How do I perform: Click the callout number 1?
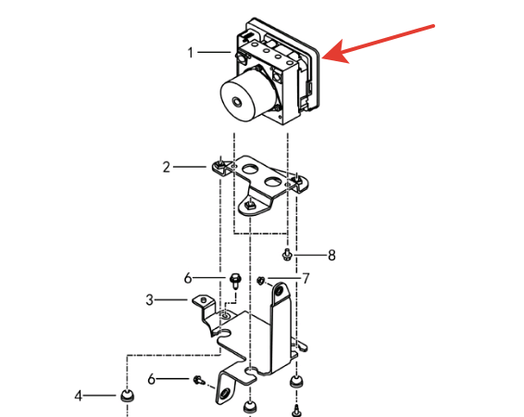[191, 53]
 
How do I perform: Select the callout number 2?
[167, 167]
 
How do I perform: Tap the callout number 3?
[149, 300]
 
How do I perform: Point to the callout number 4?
[78, 396]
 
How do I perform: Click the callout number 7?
[306, 279]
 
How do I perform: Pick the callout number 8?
[331, 256]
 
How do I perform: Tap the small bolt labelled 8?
[287, 255]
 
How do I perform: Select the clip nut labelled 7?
[261, 280]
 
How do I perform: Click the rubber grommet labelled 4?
[127, 396]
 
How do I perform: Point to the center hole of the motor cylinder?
[237, 102]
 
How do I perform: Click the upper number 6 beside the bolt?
[188, 278]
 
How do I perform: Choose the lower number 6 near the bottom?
[152, 379]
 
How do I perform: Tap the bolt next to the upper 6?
[235, 281]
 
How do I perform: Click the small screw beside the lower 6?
[199, 380]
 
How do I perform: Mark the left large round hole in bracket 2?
[249, 170]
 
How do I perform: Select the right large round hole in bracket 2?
[273, 182]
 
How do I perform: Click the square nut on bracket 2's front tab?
[250, 203]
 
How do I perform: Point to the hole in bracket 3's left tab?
[204, 299]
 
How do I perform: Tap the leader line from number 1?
[214, 53]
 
